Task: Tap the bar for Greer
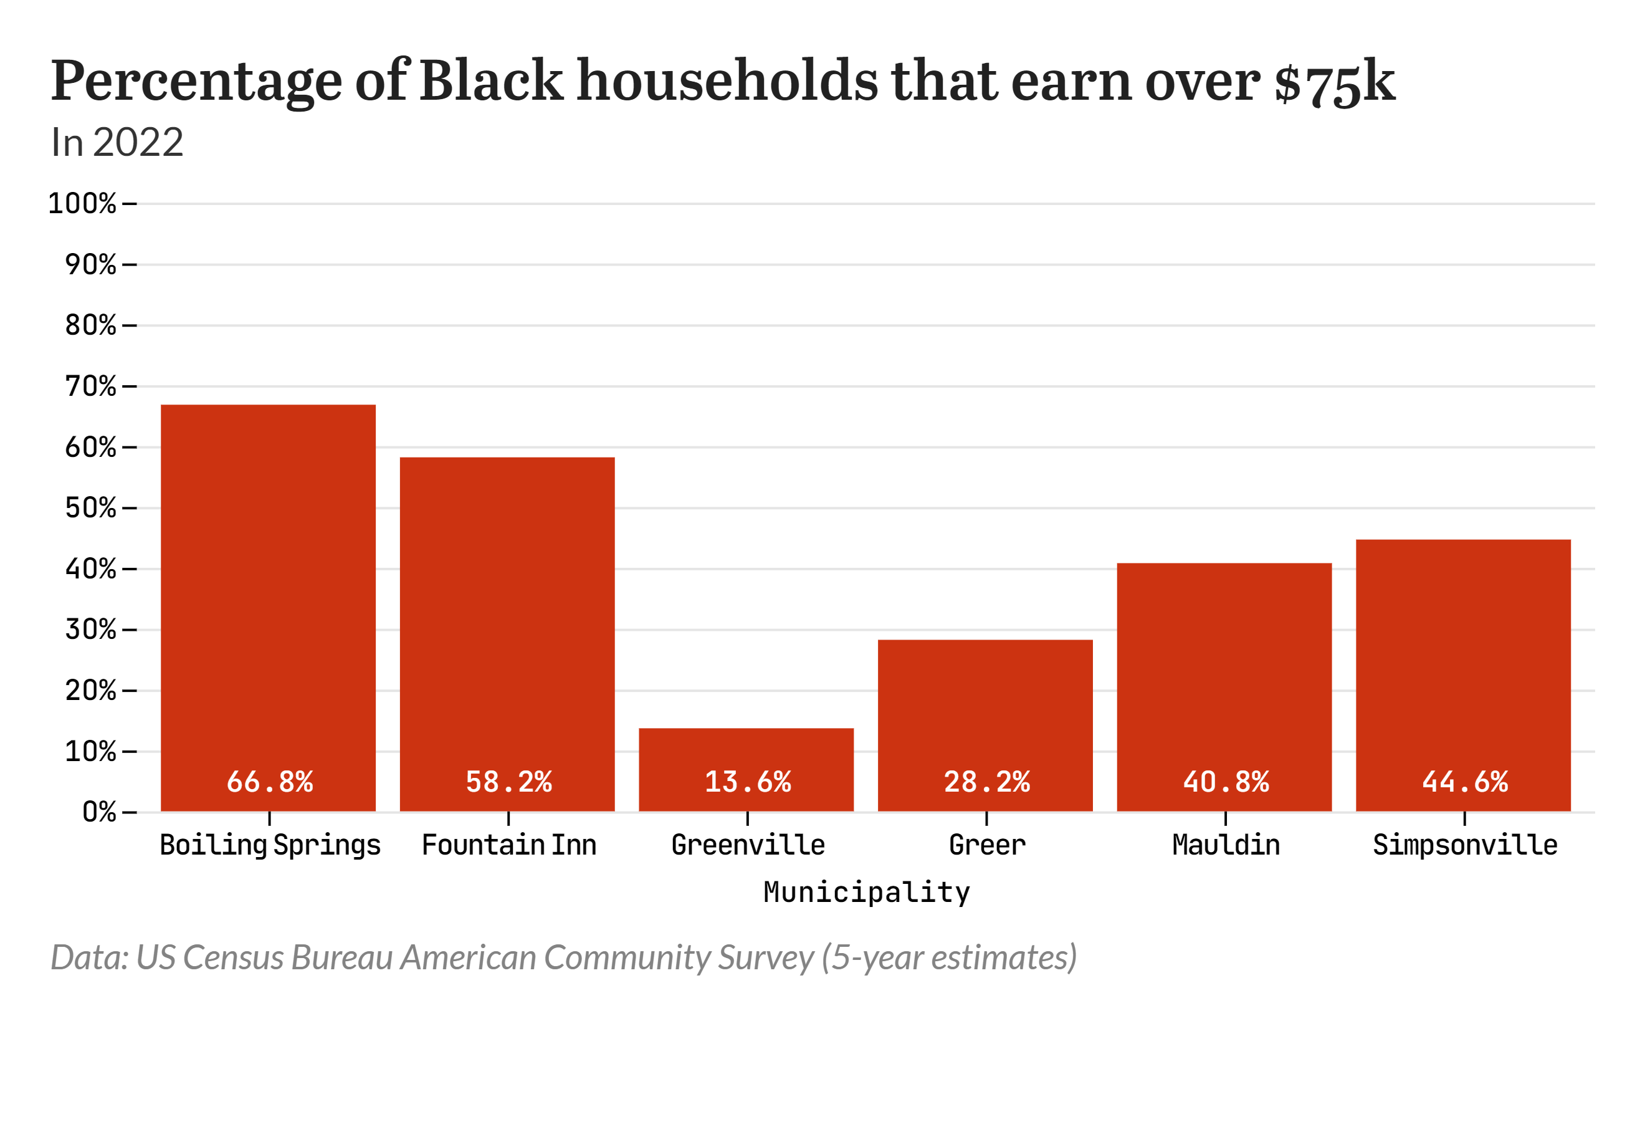[x=985, y=708]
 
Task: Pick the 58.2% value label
[x=508, y=782]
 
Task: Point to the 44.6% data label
[x=1464, y=782]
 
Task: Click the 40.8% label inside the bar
[x=1225, y=782]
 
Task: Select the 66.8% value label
[x=269, y=782]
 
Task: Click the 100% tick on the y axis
[x=82, y=204]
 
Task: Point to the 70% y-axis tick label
[x=90, y=386]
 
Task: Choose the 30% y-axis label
[x=90, y=630]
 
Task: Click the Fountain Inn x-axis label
[x=508, y=845]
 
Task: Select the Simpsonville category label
[x=1464, y=845]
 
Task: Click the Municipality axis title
[x=866, y=892]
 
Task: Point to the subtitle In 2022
[x=117, y=142]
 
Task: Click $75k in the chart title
[x=1333, y=82]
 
